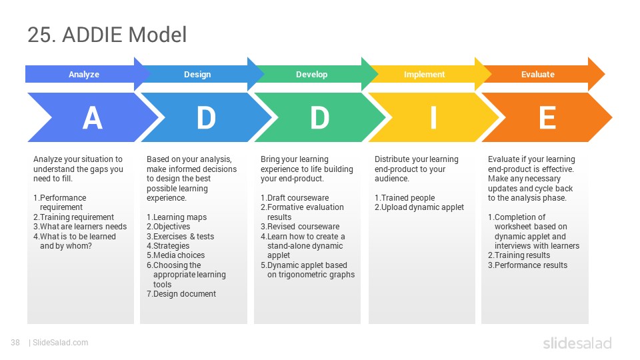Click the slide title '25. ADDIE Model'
click(x=107, y=34)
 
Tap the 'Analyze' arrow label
click(x=84, y=74)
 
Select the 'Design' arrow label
click(x=197, y=74)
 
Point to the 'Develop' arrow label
click(x=311, y=74)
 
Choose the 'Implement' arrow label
click(x=424, y=74)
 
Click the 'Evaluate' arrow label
click(x=537, y=74)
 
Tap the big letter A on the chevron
click(x=92, y=118)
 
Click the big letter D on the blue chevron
click(x=206, y=118)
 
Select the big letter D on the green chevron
click(x=319, y=118)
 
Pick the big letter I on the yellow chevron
click(x=433, y=118)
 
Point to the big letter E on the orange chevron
click(x=547, y=118)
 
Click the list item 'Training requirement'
click(x=73, y=217)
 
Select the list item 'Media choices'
click(x=175, y=255)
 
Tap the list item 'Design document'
click(x=181, y=294)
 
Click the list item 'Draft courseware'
click(x=295, y=198)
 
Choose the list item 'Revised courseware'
click(x=300, y=227)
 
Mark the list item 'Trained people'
click(x=405, y=198)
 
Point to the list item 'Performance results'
click(x=527, y=265)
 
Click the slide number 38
click(x=15, y=343)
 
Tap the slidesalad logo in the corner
click(x=577, y=343)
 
